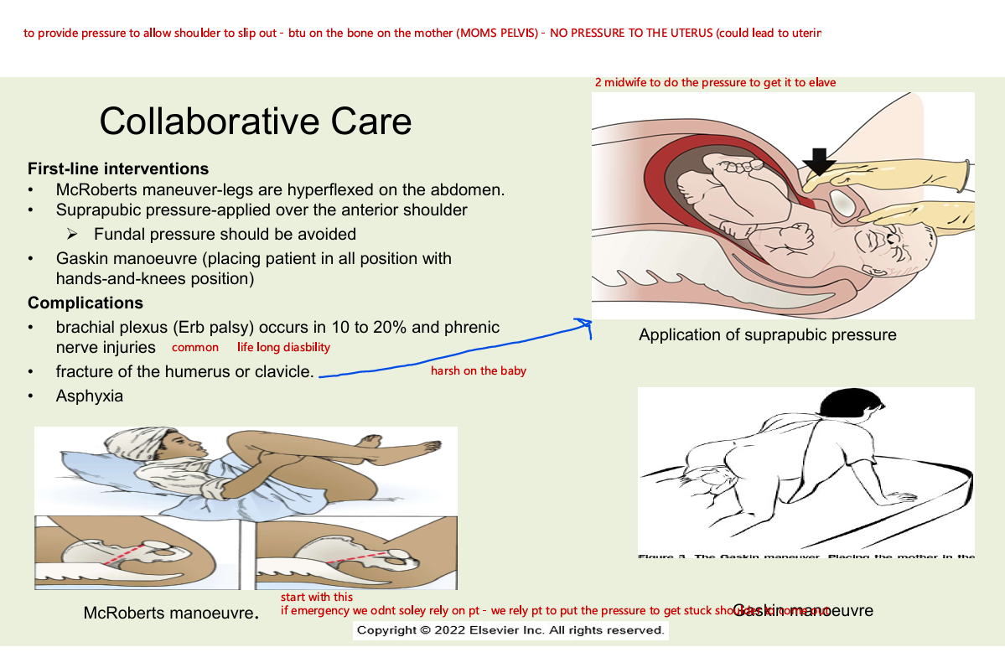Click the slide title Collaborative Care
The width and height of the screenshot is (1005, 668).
[256, 122]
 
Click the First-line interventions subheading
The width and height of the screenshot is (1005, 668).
[118, 169]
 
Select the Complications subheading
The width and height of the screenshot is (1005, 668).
[85, 303]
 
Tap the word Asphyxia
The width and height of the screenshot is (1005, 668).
[90, 396]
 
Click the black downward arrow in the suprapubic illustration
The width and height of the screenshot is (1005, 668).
[819, 160]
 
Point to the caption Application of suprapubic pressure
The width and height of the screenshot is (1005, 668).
[767, 335]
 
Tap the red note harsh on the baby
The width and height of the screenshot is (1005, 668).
[478, 370]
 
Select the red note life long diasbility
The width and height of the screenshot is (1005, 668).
[283, 347]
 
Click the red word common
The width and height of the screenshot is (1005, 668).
[195, 347]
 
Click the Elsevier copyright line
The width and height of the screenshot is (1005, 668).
[510, 630]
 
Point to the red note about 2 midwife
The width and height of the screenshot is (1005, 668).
[715, 83]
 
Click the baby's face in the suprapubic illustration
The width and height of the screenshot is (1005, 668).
[896, 246]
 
